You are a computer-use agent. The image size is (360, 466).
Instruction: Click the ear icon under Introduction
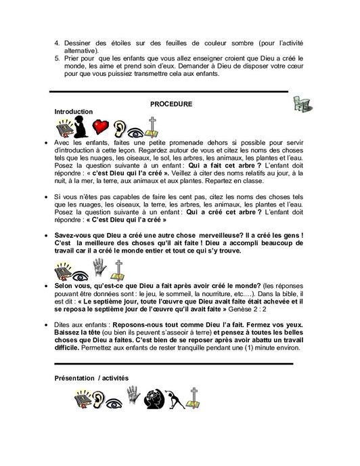120,127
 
